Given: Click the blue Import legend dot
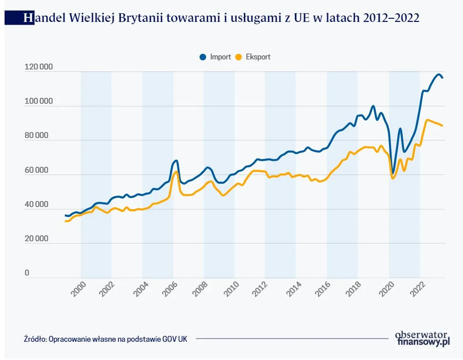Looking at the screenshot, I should (x=203, y=57).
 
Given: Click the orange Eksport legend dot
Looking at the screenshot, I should (x=238, y=57).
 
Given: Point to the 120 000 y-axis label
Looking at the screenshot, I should (x=38, y=67).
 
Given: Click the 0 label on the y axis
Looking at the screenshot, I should (x=27, y=273).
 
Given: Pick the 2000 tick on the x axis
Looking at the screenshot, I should (x=79, y=290).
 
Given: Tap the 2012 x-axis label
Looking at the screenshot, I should (x=264, y=290).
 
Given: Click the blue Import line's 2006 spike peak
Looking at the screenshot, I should (x=176, y=161).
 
